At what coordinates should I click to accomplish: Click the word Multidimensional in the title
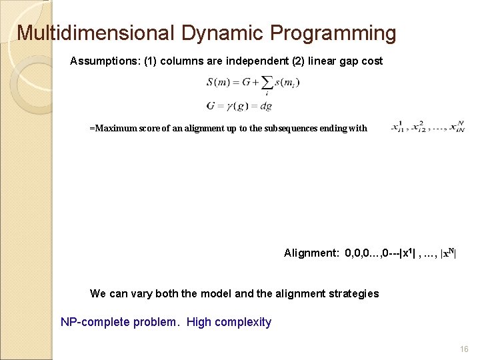(94, 33)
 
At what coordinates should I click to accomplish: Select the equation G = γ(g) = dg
(239, 106)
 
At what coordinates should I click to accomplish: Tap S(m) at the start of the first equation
(219, 83)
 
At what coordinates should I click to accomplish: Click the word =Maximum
(112, 128)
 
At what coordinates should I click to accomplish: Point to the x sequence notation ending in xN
(427, 127)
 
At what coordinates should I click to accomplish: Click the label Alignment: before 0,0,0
(311, 253)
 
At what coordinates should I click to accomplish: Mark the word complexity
(244, 322)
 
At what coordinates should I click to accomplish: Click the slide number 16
(465, 349)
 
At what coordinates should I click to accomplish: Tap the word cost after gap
(371, 61)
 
